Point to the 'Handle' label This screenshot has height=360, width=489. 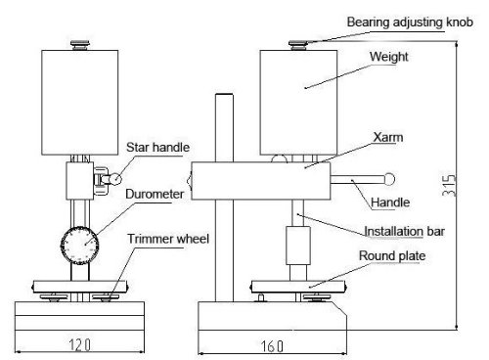coord(391,202)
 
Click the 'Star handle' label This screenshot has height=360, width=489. coord(157,148)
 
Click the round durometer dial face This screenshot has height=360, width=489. coord(80,240)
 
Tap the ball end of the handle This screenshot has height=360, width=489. coord(389,179)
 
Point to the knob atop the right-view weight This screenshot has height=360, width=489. coord(299,41)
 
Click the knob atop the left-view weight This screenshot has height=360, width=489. coord(79,41)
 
